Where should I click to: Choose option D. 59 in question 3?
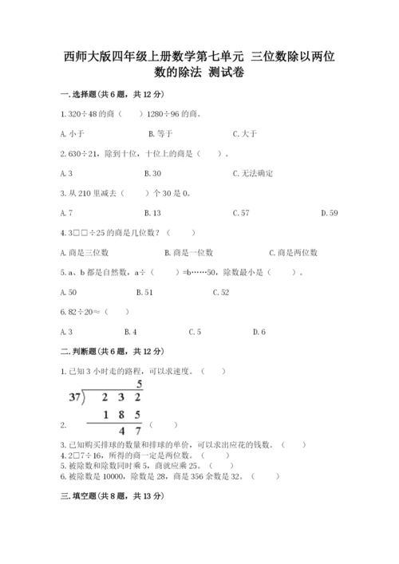click(329, 213)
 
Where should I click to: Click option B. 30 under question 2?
click(152, 173)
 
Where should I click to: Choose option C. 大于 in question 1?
click(245, 133)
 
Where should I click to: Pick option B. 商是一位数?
click(188, 253)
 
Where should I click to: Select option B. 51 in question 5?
click(144, 293)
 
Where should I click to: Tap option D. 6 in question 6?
click(259, 332)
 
